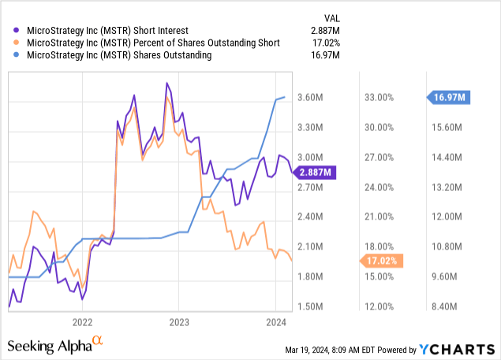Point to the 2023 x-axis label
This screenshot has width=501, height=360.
(179, 321)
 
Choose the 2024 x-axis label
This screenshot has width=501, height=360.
(275, 321)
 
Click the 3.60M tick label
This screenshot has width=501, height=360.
(313, 98)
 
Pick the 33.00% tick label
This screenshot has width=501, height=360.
(379, 98)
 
